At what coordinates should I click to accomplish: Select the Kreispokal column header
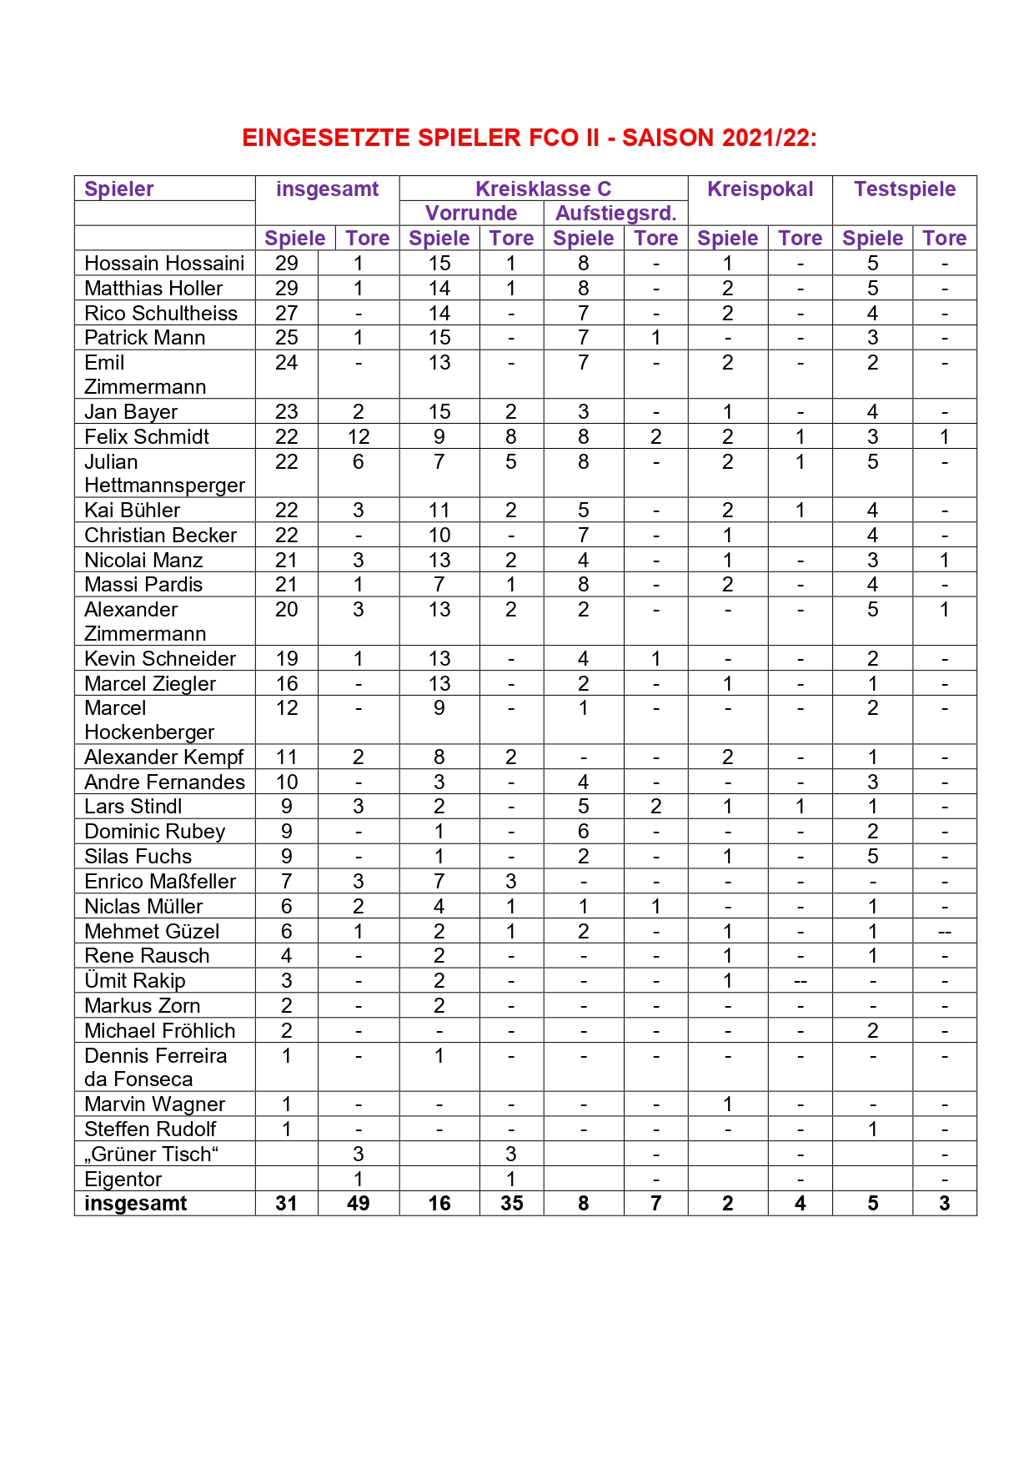point(760,189)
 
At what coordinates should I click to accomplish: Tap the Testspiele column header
point(904,189)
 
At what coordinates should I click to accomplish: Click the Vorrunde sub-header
point(471,214)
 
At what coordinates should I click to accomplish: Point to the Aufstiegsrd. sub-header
point(615,214)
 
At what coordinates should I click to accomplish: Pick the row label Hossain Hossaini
point(164,264)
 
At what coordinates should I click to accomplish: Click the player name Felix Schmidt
point(147,437)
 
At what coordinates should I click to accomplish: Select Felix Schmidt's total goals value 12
point(359,437)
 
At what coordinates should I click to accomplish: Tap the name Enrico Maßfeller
point(160,882)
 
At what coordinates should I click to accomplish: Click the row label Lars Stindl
point(133,807)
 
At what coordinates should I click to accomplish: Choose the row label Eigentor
point(123,1180)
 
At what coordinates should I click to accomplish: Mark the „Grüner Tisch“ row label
point(152,1155)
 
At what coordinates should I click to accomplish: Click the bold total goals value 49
point(359,1204)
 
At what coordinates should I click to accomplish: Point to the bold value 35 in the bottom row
point(511,1204)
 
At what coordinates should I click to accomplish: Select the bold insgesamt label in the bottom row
point(136,1204)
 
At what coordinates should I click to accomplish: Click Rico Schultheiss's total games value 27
point(287,314)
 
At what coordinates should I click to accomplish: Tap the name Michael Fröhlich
point(160,1031)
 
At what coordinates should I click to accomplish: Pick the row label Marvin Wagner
point(155,1104)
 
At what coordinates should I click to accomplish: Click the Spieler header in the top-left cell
point(119,189)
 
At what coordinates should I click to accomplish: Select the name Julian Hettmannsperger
point(164,474)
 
